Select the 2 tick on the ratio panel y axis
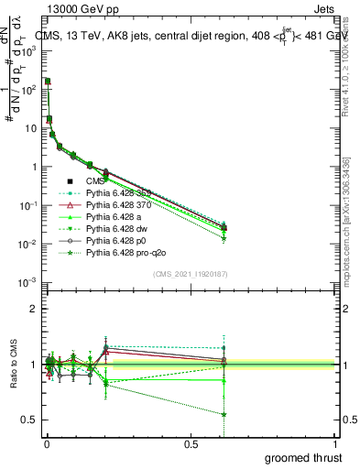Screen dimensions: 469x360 point(34,309)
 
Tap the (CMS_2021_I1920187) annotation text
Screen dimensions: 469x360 point(190,275)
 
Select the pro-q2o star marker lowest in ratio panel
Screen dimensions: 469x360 point(224,414)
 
